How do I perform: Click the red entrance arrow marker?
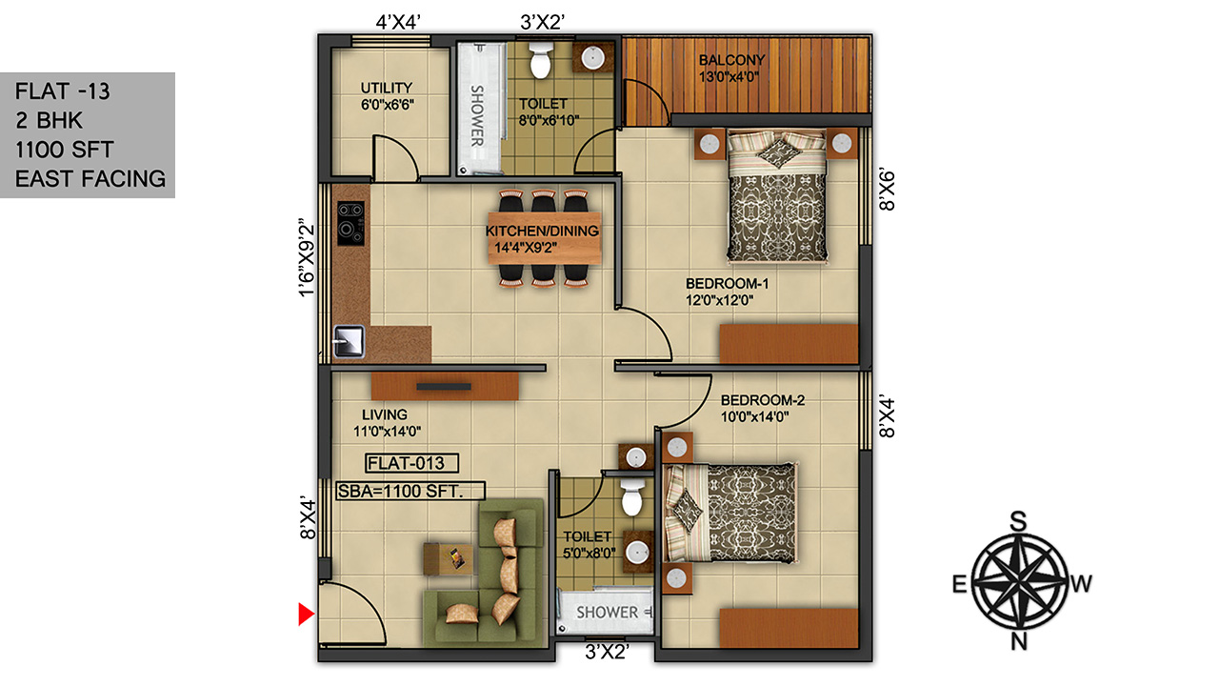point(306,614)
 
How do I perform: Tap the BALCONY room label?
point(732,60)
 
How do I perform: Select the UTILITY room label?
point(387,88)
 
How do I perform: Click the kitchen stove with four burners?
point(350,223)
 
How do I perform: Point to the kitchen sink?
point(349,341)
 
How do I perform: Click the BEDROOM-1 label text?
point(727,284)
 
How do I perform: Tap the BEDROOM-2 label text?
point(763,400)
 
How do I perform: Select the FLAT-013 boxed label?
point(411,463)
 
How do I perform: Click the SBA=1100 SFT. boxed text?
point(410,491)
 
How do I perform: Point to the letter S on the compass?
point(1018,521)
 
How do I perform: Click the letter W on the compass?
point(1081,584)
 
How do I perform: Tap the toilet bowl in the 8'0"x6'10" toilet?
point(541,61)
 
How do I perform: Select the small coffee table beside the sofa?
point(449,558)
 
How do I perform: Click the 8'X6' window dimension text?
point(887,190)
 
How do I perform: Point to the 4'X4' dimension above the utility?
point(398,22)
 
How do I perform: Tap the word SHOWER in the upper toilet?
point(477,116)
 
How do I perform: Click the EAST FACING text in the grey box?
point(90,178)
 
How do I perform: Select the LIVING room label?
point(385,414)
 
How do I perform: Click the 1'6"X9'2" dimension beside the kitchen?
point(307,257)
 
